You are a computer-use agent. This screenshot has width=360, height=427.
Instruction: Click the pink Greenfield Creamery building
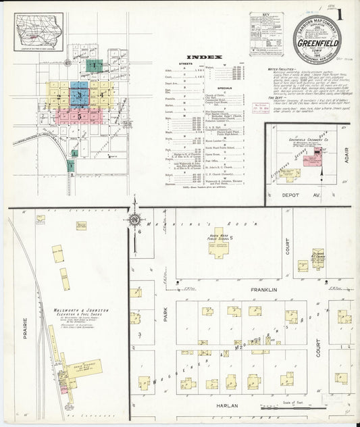click(311, 160)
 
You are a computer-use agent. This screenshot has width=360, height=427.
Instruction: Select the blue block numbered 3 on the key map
click(80, 96)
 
